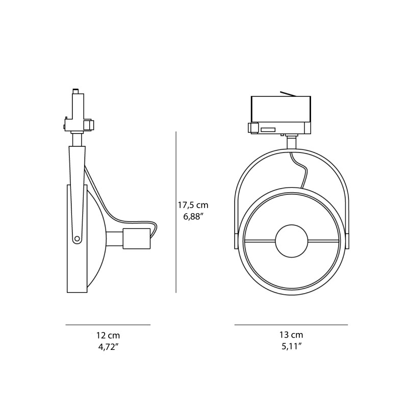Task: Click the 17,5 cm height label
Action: [193, 205]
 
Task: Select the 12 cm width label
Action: [108, 336]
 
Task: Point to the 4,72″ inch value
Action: [108, 347]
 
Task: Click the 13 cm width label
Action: [291, 335]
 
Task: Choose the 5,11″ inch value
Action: [291, 346]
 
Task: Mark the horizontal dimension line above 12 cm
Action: [108, 324]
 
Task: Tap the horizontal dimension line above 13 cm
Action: [291, 324]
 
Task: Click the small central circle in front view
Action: [291, 240]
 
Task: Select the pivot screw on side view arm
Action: [76, 238]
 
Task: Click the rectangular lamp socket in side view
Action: [137, 239]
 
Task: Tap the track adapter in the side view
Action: [77, 112]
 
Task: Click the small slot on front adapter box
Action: [268, 130]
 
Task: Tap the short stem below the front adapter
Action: [291, 142]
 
